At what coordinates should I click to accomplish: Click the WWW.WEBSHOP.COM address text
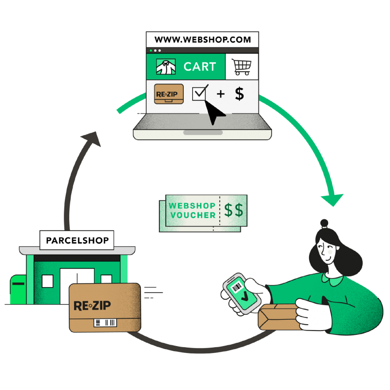tap(202, 40)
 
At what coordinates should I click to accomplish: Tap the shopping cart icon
tap(241, 67)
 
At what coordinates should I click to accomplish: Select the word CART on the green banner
tap(200, 67)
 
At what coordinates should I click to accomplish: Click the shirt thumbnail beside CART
tap(166, 67)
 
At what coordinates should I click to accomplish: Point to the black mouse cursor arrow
tap(214, 112)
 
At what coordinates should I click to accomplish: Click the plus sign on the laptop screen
tap(221, 94)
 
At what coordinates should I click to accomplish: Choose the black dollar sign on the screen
tap(239, 94)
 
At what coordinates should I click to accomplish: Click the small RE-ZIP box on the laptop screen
tap(169, 94)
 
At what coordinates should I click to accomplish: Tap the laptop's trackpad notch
tap(203, 133)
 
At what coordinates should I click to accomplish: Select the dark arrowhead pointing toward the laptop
tap(92, 139)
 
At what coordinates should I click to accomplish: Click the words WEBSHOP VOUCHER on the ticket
tap(192, 211)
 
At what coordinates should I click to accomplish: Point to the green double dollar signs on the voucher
tap(234, 210)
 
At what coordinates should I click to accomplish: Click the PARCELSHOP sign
tap(77, 240)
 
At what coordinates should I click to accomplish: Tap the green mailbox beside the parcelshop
tap(18, 290)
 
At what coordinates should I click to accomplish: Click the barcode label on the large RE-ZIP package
tap(105, 323)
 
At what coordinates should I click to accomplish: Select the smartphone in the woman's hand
tap(241, 293)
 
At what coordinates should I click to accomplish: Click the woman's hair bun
tap(324, 223)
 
